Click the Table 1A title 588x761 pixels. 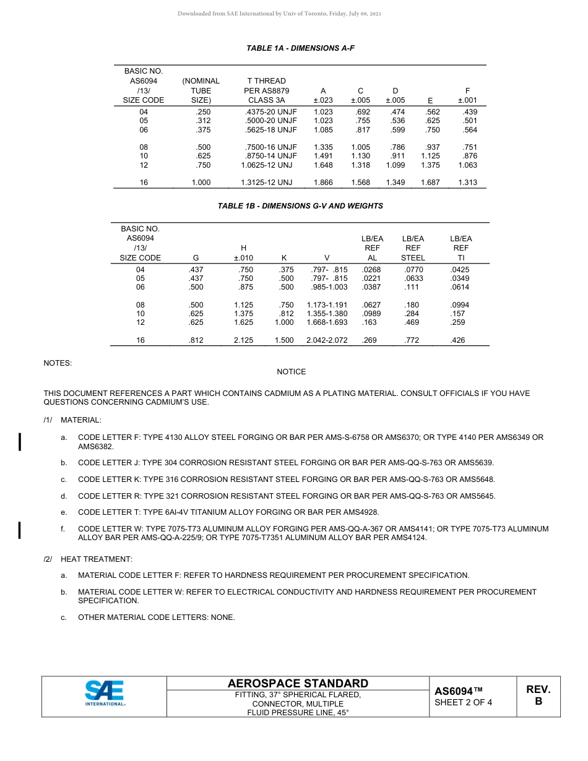click(300, 48)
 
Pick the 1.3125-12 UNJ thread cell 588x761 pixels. click(266, 183)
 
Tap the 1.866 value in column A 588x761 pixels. click(323, 183)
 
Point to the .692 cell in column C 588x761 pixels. click(363, 112)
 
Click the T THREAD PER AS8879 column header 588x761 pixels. click(266, 90)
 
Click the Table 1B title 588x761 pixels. click(300, 206)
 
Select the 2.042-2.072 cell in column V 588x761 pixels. click(327, 340)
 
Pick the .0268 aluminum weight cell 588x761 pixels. click(371, 270)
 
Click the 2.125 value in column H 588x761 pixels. click(243, 340)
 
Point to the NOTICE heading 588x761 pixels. click(291, 372)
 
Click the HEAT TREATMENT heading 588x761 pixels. click(97, 559)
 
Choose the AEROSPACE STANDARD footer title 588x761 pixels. click(298, 684)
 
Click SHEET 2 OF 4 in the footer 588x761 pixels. click(463, 702)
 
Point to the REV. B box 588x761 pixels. click(538, 695)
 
